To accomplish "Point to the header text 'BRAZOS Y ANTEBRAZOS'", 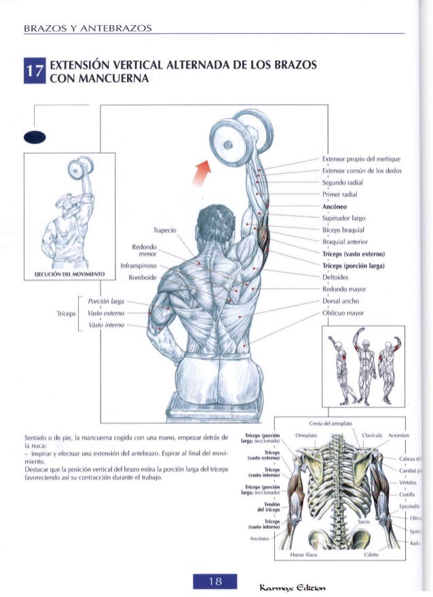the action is (x=87, y=28).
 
